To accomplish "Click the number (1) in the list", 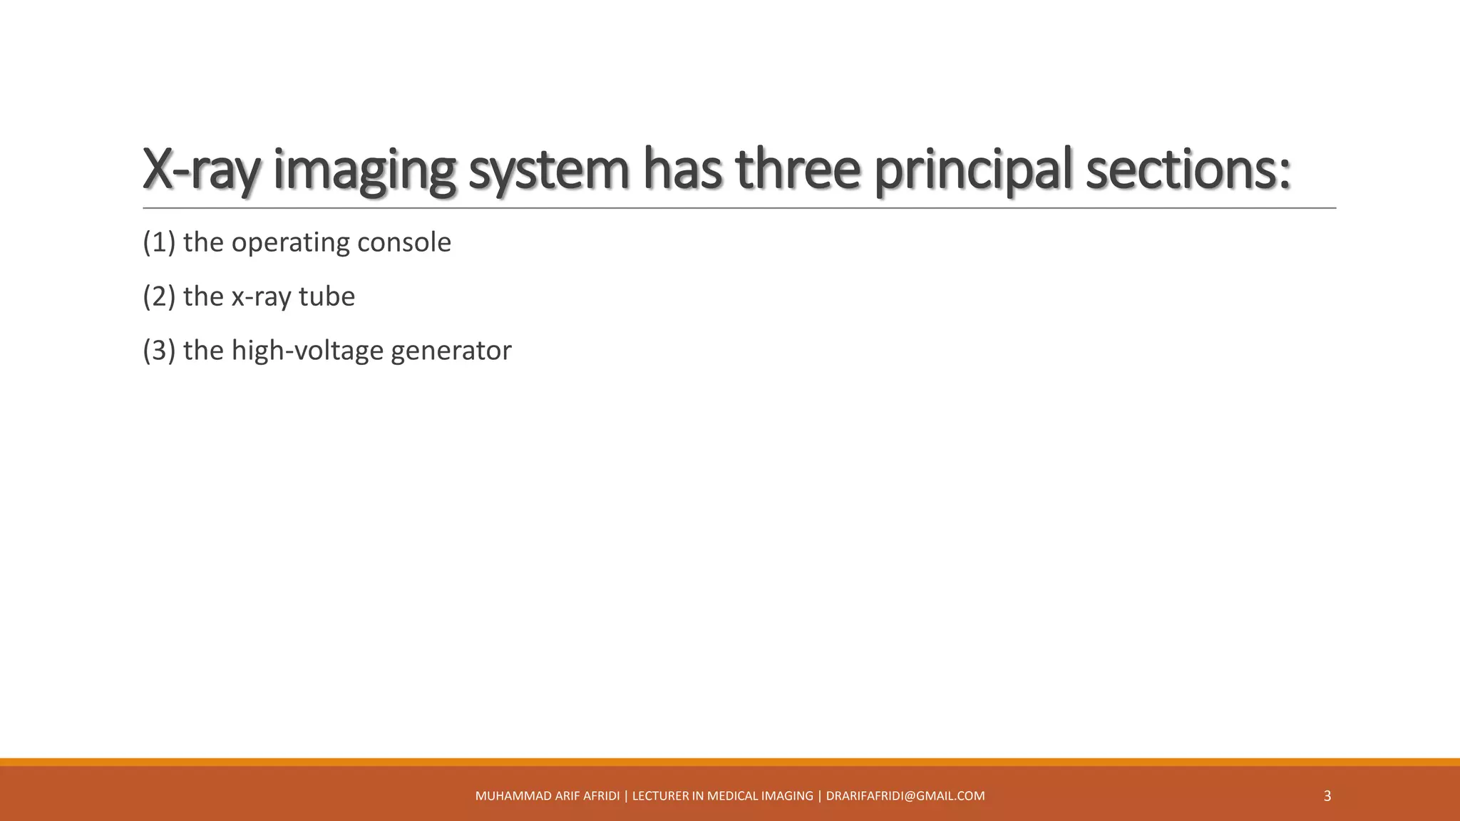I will [159, 242].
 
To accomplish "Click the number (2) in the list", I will [159, 296].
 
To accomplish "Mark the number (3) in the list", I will [159, 351].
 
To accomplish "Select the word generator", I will [451, 351].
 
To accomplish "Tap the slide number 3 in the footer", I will [1327, 796].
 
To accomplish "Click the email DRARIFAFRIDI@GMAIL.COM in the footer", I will [905, 796].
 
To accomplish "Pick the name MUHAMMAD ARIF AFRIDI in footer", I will [547, 796].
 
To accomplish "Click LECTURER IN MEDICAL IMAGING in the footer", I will [722, 796].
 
